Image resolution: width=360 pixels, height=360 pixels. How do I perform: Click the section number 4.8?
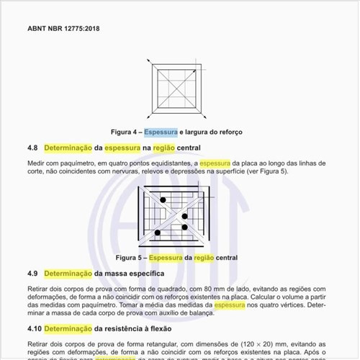click(x=32, y=148)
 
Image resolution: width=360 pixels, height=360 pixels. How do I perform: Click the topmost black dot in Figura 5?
click(x=163, y=199)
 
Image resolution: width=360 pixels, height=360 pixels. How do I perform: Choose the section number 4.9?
click(x=32, y=274)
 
